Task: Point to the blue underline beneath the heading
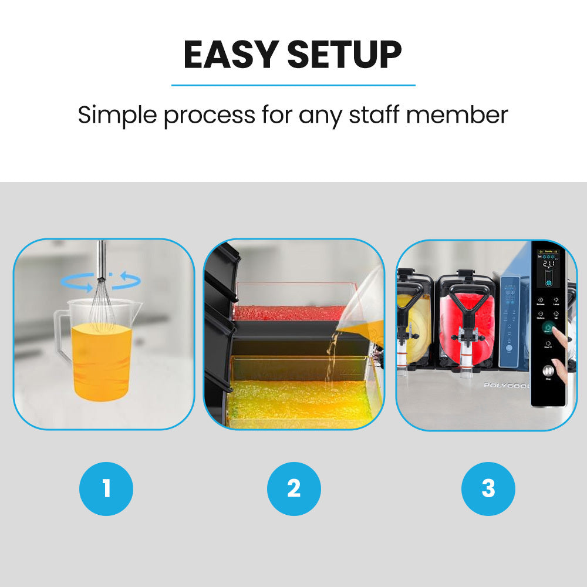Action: [293, 86]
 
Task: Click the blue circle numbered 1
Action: [106, 488]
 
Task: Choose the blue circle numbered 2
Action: [293, 488]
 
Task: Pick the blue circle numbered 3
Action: [488, 488]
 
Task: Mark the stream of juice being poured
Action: [333, 358]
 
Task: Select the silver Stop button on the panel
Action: [548, 371]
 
